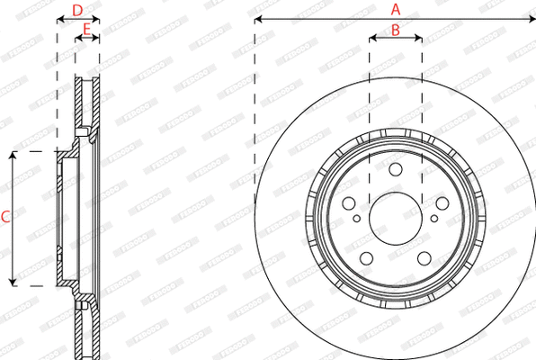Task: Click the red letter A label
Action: point(395,9)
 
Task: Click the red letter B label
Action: point(395,30)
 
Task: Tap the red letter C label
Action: point(5,217)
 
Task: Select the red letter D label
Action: point(78,10)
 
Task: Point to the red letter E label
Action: point(87,30)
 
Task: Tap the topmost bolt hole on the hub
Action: point(396,171)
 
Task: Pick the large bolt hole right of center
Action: point(439,203)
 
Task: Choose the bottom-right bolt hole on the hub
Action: point(423,258)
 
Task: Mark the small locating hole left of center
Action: point(357,219)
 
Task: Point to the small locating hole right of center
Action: point(434,219)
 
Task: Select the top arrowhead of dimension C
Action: point(13,156)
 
